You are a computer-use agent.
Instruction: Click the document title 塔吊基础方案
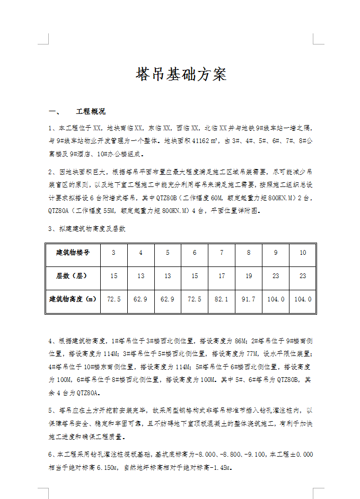181,75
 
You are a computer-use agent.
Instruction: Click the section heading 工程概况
91,112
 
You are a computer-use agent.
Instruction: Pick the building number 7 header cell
222,253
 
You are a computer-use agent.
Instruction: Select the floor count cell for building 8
249,276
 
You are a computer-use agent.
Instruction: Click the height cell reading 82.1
222,299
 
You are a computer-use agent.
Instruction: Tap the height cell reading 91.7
249,299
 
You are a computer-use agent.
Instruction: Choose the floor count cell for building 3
113,276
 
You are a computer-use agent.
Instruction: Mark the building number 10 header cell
303,253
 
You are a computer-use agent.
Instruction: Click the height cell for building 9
276,299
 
